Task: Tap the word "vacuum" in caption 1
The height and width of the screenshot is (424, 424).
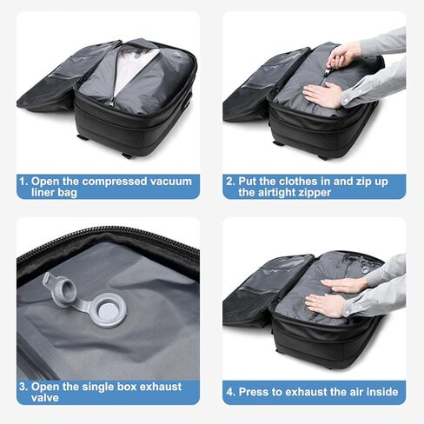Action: pos(169,181)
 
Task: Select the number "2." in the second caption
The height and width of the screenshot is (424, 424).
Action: pos(230,181)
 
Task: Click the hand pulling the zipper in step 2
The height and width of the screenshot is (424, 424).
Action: pos(343,56)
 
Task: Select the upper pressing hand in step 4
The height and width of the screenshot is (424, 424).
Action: pos(346,284)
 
